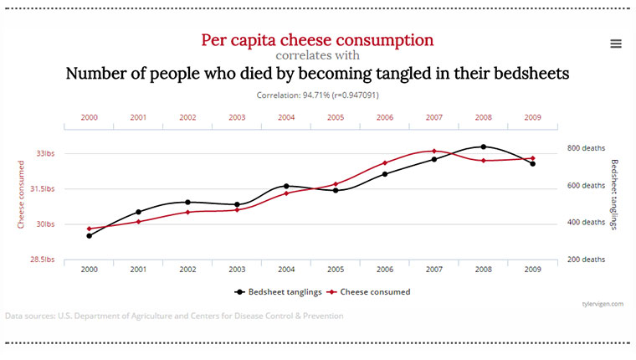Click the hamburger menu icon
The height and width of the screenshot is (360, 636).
(x=616, y=44)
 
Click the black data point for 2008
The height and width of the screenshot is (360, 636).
(x=484, y=147)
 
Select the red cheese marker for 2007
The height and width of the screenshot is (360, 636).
(x=434, y=151)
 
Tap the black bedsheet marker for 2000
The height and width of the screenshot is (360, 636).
(x=90, y=236)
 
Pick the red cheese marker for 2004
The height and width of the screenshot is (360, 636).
(x=286, y=193)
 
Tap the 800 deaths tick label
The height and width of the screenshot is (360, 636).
(x=586, y=148)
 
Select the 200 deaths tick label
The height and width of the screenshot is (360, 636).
(x=586, y=260)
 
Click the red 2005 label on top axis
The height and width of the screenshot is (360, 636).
(x=336, y=117)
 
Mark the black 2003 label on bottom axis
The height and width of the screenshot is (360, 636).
(x=237, y=270)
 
